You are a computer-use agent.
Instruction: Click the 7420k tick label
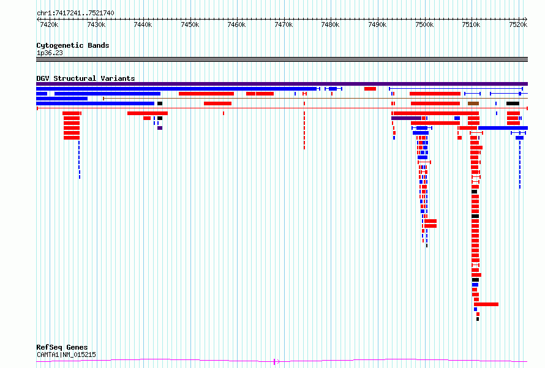click(x=49, y=24)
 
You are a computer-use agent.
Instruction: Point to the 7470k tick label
click(x=284, y=24)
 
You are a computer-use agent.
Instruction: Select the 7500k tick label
click(x=424, y=24)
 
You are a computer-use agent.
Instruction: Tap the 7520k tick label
click(x=518, y=24)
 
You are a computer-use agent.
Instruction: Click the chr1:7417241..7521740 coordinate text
click(x=75, y=13)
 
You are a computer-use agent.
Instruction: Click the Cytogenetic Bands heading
click(x=73, y=45)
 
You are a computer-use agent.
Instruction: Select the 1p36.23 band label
click(x=50, y=53)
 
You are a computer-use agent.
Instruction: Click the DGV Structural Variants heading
click(x=86, y=78)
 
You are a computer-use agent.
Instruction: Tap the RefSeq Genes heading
click(x=62, y=347)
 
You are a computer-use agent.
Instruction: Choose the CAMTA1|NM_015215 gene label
click(x=66, y=355)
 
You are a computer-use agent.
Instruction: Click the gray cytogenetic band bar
click(x=282, y=59)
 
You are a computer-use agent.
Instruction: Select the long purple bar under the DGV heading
click(x=282, y=84)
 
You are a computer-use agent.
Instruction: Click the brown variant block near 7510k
click(x=473, y=103)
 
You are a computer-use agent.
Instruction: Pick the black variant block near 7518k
click(x=513, y=103)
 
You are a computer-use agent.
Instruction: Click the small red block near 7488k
click(x=370, y=89)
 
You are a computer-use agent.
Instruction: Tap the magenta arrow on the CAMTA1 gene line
click(x=277, y=362)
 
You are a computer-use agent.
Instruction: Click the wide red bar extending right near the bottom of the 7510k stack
click(x=486, y=304)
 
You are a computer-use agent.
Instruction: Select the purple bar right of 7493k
click(x=407, y=119)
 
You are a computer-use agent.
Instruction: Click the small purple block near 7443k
click(x=160, y=128)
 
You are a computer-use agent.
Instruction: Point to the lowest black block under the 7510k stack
click(x=478, y=319)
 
